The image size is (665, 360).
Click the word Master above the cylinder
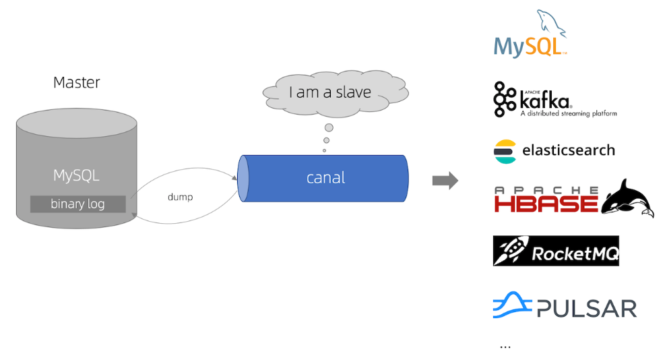coord(77,83)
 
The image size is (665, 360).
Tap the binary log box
coord(77,204)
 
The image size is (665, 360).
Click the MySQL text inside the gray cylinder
coord(76,176)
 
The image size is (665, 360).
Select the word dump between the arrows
coord(180,198)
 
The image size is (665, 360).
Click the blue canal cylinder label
coord(325,178)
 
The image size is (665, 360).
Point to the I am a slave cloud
coord(330,92)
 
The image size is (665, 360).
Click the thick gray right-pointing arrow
coord(445,181)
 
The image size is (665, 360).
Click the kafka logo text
coord(546,101)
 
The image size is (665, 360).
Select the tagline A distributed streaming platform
coord(568,114)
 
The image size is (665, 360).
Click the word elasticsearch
coord(568,150)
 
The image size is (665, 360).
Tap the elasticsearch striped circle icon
coord(505,152)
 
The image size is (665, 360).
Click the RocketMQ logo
coord(555,251)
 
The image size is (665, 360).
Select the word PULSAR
coord(587,309)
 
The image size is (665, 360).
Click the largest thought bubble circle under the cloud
coord(329,127)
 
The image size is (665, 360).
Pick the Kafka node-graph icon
coord(504,99)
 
